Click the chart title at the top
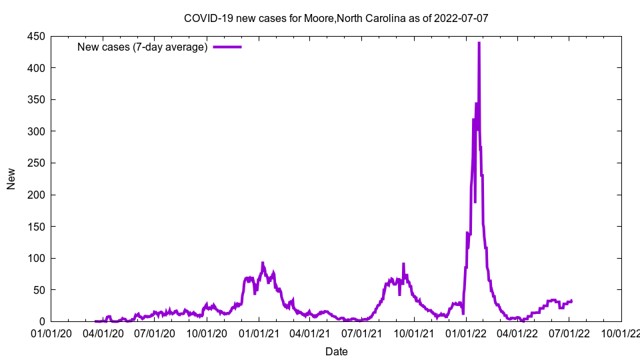[x=336, y=18]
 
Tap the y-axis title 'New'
[x=11, y=179]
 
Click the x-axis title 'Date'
[x=336, y=351]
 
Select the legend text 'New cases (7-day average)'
[x=142, y=47]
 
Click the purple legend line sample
[x=227, y=47]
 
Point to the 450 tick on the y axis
[x=37, y=37]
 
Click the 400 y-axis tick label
[x=37, y=68]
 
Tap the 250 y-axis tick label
[x=37, y=163]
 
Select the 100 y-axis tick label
[x=37, y=258]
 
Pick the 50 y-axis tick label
[x=39, y=290]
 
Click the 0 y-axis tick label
[x=42, y=321]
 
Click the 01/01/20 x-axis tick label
[x=51, y=333]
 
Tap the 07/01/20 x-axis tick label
[x=155, y=333]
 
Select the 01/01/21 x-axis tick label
[x=259, y=333]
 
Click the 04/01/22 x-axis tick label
[x=517, y=333]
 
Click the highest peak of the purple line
[x=479, y=43]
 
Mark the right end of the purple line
[x=571, y=301]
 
